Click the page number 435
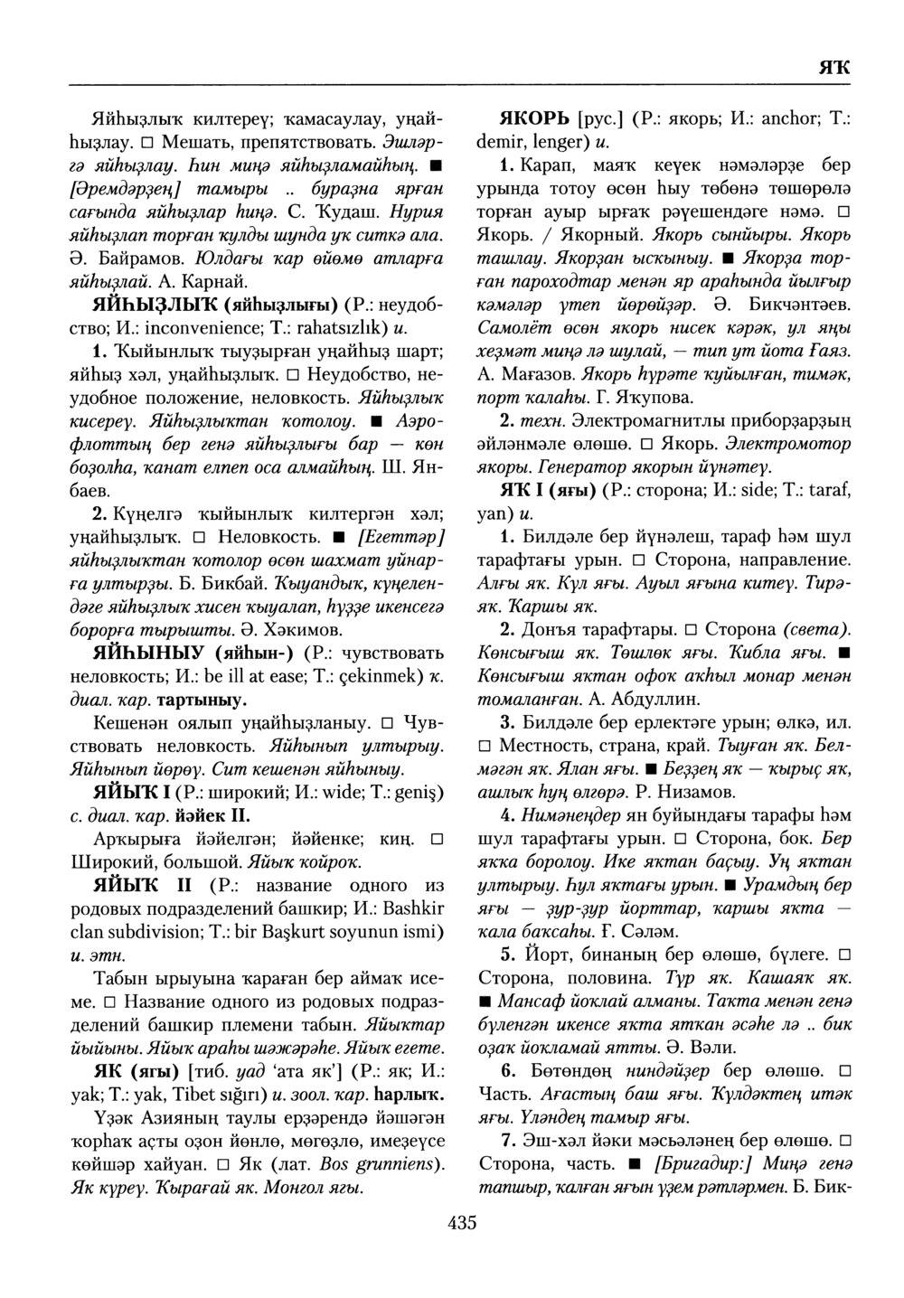pyautogui.click(x=461, y=1224)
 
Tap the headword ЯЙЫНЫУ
pyautogui.click(x=149, y=652)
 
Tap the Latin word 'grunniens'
pyautogui.click(x=397, y=1162)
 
